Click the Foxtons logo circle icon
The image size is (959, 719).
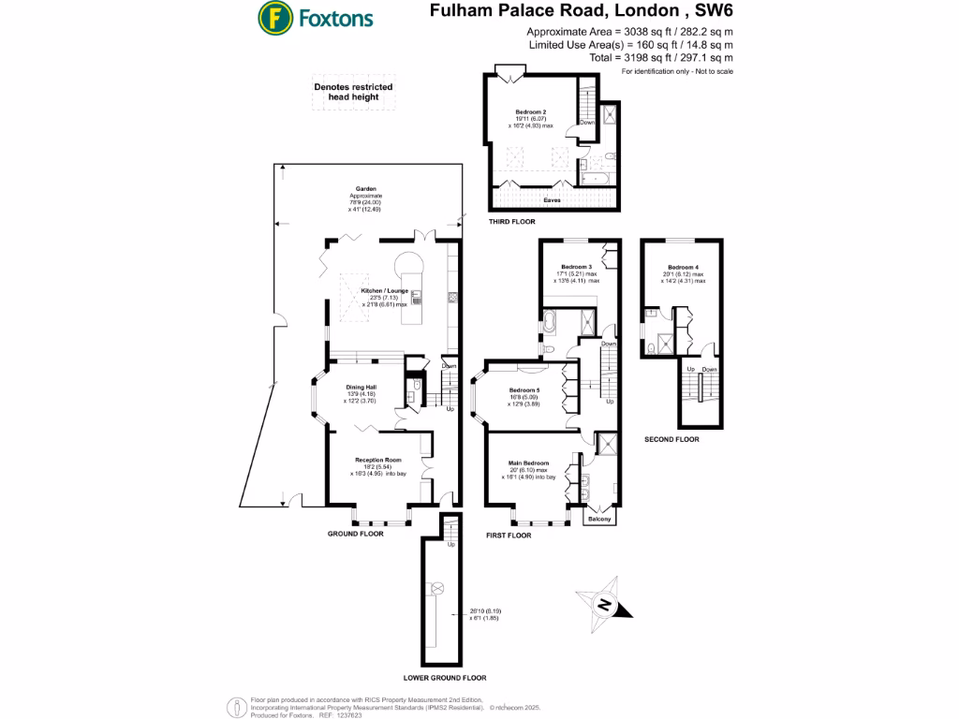(x=274, y=17)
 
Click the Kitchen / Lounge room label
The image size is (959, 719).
(x=384, y=291)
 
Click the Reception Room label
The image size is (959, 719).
(x=377, y=460)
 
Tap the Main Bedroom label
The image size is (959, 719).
(x=528, y=463)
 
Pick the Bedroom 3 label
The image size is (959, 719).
(x=577, y=267)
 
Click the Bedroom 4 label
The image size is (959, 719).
(x=683, y=267)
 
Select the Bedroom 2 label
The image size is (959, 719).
(x=530, y=111)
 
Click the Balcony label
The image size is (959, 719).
(x=598, y=517)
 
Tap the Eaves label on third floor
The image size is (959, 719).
(x=554, y=199)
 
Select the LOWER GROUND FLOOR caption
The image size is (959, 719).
(x=445, y=678)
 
